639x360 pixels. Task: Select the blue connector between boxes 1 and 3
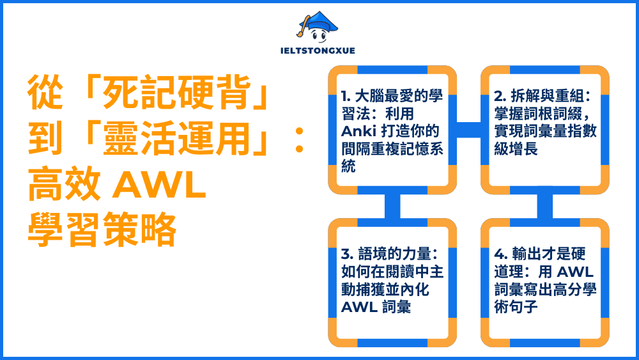click(x=392, y=206)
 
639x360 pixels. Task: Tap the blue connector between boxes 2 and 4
click(x=544, y=206)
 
